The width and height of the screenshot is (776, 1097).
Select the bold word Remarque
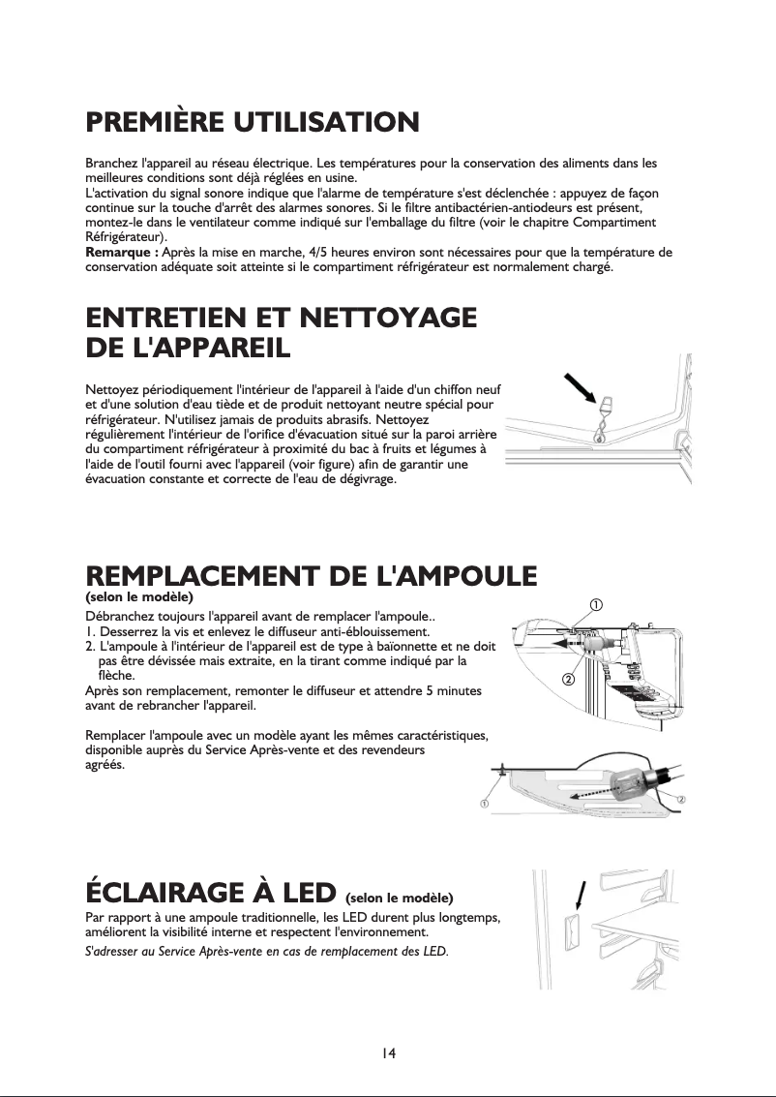pyautogui.click(x=119, y=253)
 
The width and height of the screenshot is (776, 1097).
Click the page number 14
pyautogui.click(x=388, y=1052)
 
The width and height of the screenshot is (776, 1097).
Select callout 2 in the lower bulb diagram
pyautogui.click(x=681, y=799)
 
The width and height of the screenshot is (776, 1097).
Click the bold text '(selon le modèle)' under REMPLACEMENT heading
pyautogui.click(x=140, y=596)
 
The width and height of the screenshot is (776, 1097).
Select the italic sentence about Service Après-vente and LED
pyautogui.click(x=267, y=953)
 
